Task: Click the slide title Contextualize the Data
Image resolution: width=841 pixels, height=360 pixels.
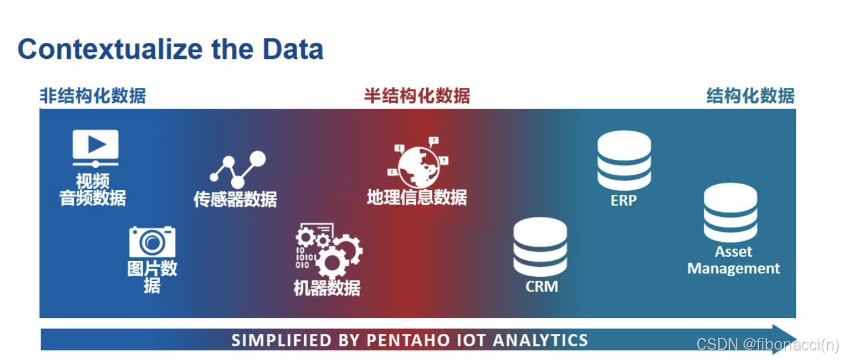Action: [171, 49]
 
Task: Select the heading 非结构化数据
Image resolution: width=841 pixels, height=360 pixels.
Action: [92, 96]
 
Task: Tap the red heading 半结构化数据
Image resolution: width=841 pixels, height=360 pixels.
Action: [417, 96]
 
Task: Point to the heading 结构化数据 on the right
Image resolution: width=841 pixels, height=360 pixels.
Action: [750, 96]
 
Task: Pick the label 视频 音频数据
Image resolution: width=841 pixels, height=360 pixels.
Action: [93, 190]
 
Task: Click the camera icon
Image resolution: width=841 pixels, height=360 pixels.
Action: [152, 241]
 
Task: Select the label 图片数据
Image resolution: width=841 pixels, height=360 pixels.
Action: [152, 276]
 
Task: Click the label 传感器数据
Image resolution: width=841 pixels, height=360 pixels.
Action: [235, 199]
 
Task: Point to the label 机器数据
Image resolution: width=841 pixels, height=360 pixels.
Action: [327, 288]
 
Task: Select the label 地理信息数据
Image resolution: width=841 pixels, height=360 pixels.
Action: [417, 197]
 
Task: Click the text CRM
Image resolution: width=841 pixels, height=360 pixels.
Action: [541, 286]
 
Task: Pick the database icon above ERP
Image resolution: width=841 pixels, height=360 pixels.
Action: [623, 160]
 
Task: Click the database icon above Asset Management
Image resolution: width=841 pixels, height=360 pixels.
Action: [730, 213]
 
